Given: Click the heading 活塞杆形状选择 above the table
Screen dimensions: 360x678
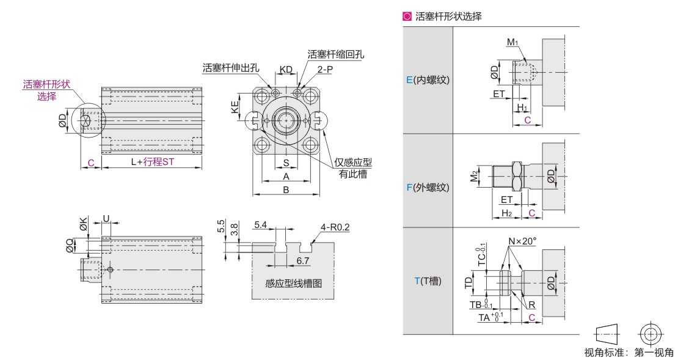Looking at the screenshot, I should point(448,17).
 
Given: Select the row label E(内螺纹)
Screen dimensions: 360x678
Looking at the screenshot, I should point(428,80).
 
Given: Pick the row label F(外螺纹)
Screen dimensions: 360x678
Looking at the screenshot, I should point(428,188).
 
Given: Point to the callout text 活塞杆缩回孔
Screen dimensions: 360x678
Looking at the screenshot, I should point(336,54).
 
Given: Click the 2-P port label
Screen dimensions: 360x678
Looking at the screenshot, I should point(325,70).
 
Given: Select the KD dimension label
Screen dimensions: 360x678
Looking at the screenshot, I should point(285,69).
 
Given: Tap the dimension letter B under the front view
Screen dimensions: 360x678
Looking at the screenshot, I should point(285,190).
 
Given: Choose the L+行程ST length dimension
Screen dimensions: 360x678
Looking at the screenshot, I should point(153,162).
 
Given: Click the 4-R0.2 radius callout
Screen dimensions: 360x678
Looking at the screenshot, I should point(335,228).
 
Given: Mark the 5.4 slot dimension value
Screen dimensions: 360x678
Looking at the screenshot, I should point(260,226).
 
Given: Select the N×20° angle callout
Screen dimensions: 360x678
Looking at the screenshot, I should point(522,241).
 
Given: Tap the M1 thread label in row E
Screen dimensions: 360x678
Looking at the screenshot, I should point(512,42).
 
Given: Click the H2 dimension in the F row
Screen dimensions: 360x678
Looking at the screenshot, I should point(506,212).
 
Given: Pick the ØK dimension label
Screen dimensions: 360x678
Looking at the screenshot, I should point(83,224).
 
